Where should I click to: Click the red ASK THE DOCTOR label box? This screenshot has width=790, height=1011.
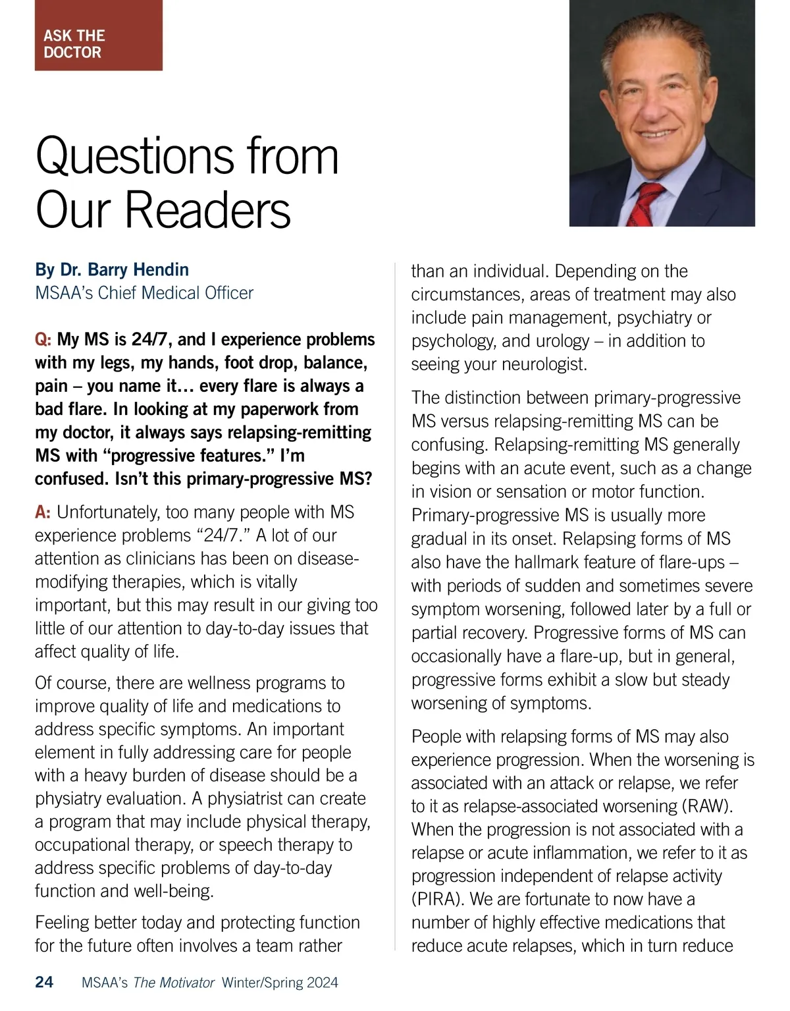click(98, 36)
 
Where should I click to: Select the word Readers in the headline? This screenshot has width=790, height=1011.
click(207, 211)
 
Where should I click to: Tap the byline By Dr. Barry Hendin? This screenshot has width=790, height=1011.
click(112, 270)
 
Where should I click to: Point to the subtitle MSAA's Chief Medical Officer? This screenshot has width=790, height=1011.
click(144, 292)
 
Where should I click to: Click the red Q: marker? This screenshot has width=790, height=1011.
click(43, 340)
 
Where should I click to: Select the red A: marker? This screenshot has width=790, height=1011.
click(43, 512)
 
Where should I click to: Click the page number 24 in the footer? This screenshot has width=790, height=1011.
click(44, 983)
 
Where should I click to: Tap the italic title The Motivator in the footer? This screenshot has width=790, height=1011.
click(174, 983)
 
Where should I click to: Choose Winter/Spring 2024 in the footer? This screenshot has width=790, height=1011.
click(280, 983)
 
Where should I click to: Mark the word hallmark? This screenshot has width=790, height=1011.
click(525, 562)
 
